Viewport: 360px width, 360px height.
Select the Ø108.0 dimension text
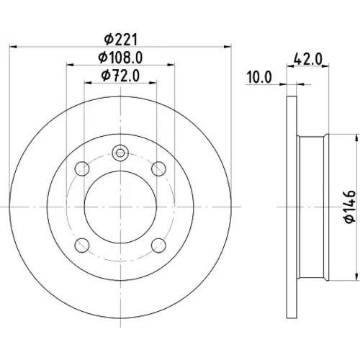coord(121,58)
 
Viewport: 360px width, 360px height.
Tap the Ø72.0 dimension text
coord(120,76)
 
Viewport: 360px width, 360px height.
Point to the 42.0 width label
coord(308,59)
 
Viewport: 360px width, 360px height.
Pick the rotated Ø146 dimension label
coord(350,207)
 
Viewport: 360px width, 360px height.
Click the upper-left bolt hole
coord(82,168)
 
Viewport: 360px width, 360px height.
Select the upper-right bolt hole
coord(158,168)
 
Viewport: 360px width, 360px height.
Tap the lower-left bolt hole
coord(82,245)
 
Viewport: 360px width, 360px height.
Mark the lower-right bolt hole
coord(158,245)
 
